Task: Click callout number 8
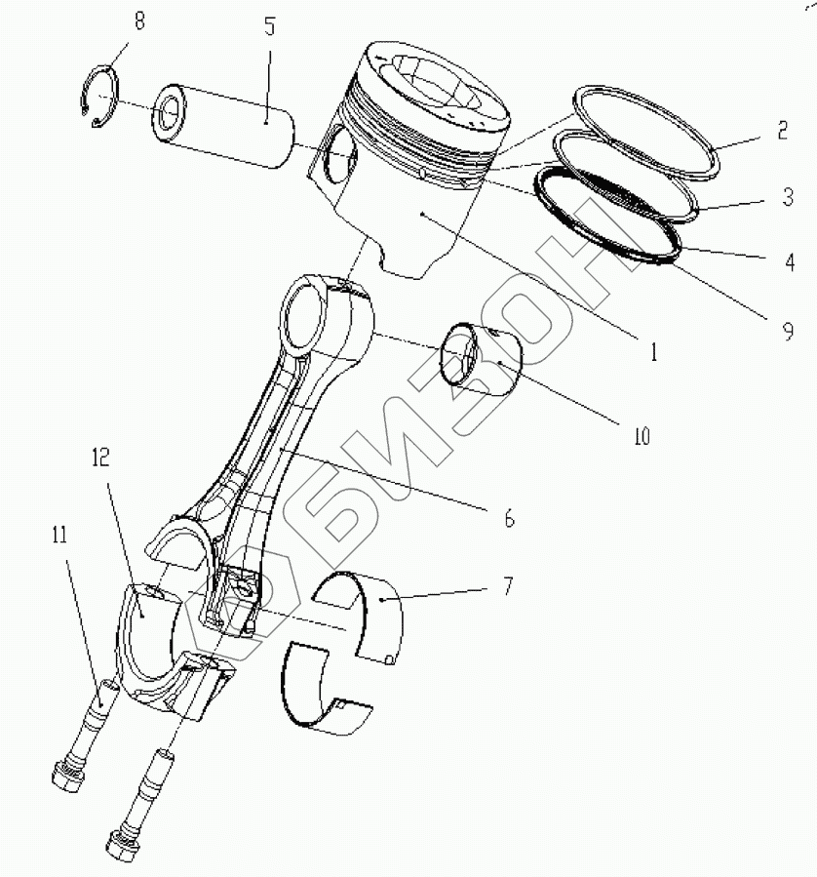point(139,21)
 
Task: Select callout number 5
point(269,26)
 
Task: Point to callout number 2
point(782,130)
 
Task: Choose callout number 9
point(787,333)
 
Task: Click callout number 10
point(641,436)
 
